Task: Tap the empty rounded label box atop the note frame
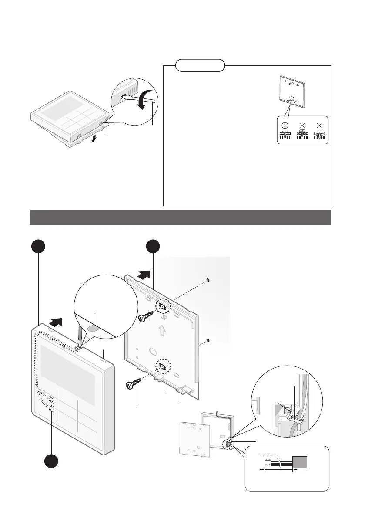(x=201, y=65)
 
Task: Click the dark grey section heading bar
(x=180, y=217)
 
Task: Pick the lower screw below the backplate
(x=134, y=382)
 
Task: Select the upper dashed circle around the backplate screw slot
(x=163, y=305)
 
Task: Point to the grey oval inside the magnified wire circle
(x=97, y=325)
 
